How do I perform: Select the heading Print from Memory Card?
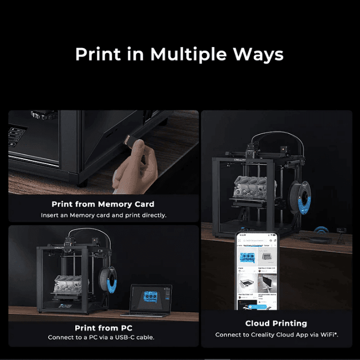pyautogui.click(x=103, y=204)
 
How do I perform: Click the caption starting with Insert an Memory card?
pyautogui.click(x=104, y=215)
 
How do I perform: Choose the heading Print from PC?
pyautogui.click(x=104, y=328)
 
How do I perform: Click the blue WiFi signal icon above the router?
pyautogui.click(x=320, y=231)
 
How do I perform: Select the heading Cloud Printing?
pyautogui.click(x=276, y=323)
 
